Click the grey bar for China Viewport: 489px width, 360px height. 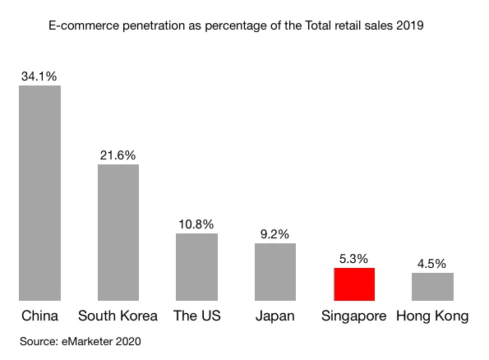(39, 193)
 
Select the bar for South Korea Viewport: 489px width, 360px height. (118, 233)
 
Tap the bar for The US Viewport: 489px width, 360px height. (196, 267)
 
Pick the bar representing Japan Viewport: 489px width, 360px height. (274, 272)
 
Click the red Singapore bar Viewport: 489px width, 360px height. (354, 284)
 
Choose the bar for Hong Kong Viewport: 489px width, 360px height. (432, 287)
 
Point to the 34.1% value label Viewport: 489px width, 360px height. (39, 76)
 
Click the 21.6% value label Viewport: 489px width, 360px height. (118, 155)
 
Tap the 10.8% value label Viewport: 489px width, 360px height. (196, 224)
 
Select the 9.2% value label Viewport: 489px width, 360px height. (274, 233)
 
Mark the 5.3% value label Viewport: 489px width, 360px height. (354, 258)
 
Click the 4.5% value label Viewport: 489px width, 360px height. (432, 264)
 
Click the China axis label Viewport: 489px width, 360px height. (39, 316)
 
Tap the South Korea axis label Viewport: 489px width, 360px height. (118, 316)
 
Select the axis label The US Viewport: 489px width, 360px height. (196, 316)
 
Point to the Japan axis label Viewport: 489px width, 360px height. (274, 316)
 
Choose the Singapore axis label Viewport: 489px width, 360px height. (354, 316)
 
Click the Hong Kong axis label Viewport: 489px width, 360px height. (432, 316)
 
